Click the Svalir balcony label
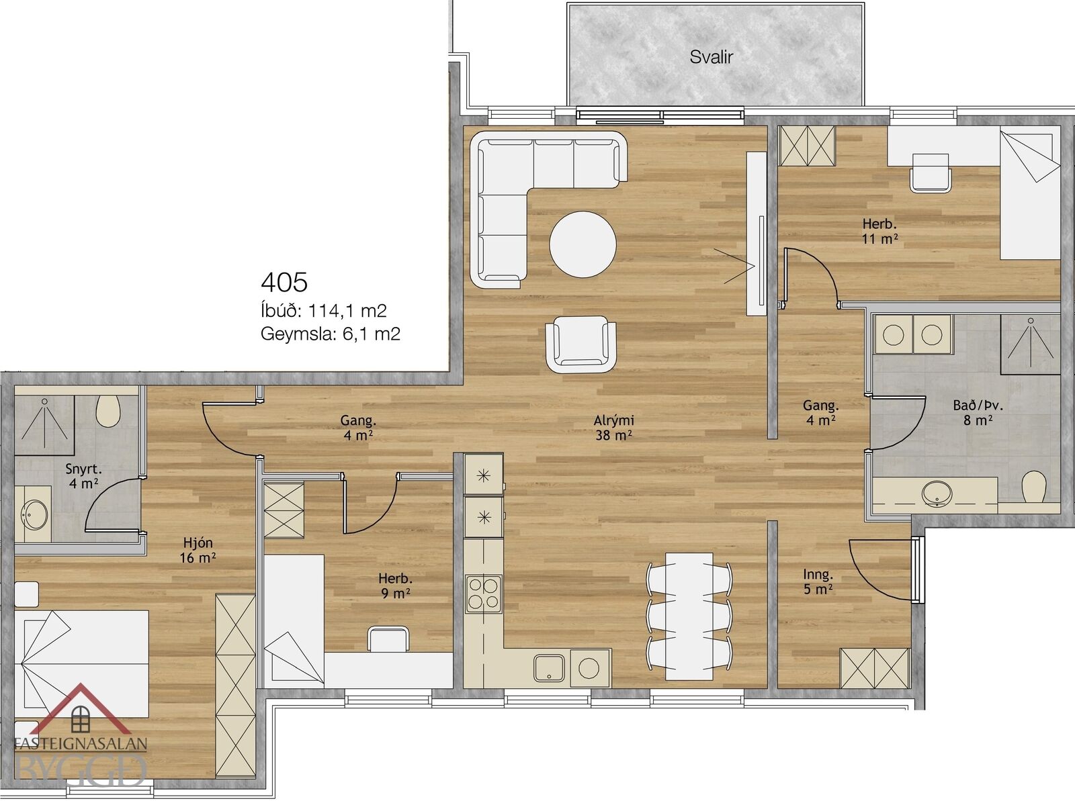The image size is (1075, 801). pyautogui.click(x=711, y=57)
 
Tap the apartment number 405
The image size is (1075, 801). pyautogui.click(x=284, y=283)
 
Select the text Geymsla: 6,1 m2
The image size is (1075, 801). pyautogui.click(x=331, y=334)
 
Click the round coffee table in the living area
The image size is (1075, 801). pyautogui.click(x=583, y=244)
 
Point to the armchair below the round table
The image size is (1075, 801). pyautogui.click(x=581, y=344)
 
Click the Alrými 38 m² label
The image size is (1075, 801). pyautogui.click(x=613, y=427)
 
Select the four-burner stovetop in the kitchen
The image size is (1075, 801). pyautogui.click(x=484, y=594)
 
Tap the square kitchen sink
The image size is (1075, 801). pyautogui.click(x=549, y=668)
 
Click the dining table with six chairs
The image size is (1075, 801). pyautogui.click(x=689, y=616)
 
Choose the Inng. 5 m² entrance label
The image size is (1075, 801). pyautogui.click(x=818, y=581)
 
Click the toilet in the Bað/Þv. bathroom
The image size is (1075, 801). pyautogui.click(x=1034, y=486)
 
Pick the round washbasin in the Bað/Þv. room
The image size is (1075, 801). pyautogui.click(x=937, y=492)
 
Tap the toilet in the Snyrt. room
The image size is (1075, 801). pyautogui.click(x=108, y=410)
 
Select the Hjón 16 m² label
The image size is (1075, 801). pyautogui.click(x=198, y=550)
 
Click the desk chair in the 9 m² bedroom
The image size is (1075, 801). pyautogui.click(x=388, y=639)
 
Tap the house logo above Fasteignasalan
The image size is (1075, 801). pyautogui.click(x=81, y=710)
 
